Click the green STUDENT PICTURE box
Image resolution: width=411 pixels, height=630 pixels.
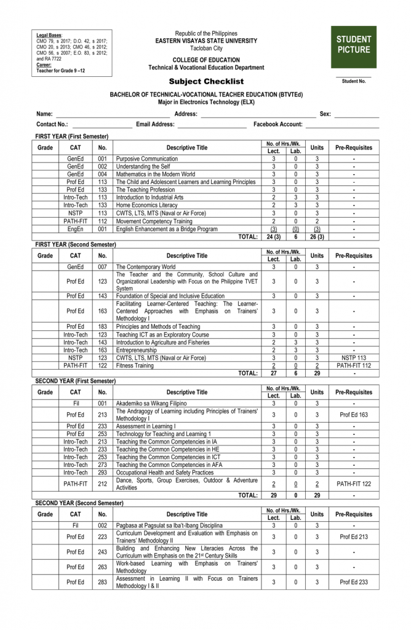coord(353,47)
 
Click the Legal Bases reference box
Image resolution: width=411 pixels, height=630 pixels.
coord(72,53)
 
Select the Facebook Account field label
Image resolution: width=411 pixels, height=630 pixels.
coord(278,124)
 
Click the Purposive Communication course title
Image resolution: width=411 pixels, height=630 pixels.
coord(146,159)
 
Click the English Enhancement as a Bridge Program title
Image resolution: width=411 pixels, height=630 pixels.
coord(166,229)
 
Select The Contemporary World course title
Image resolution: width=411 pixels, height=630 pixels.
coord(145,266)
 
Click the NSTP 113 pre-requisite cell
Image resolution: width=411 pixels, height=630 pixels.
coord(353,357)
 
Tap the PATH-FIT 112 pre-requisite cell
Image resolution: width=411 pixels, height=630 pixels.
coord(353,365)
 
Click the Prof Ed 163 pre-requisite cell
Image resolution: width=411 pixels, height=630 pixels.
coord(353,415)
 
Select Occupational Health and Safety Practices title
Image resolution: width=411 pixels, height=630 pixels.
coord(165,472)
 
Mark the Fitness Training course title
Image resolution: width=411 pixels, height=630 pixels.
coord(135,365)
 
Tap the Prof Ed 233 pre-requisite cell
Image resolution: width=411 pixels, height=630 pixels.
coord(353,582)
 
